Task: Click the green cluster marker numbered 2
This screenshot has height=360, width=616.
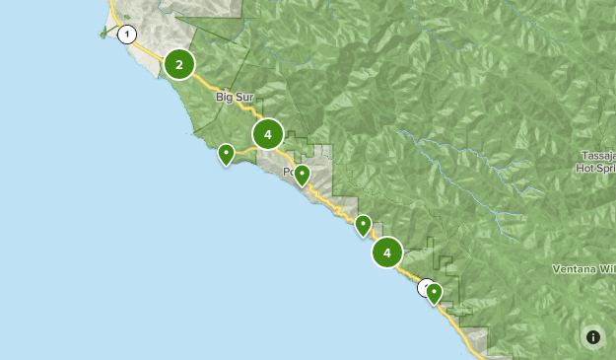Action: click(179, 65)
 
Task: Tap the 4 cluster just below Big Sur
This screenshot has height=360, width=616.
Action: click(268, 134)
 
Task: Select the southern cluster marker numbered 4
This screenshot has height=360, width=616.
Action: click(387, 252)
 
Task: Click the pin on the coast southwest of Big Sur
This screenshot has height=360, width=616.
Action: click(227, 155)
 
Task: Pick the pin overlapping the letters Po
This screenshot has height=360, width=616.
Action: click(303, 176)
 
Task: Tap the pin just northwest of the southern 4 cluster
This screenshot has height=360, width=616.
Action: click(364, 226)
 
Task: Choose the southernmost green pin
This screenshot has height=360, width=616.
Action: click(434, 293)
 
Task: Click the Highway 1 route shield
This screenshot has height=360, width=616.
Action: click(126, 35)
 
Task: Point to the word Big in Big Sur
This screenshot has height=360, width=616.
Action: click(225, 98)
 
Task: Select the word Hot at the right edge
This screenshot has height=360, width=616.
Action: click(585, 169)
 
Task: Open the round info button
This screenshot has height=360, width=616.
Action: click(592, 336)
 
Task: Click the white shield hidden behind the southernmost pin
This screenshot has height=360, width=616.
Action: click(425, 288)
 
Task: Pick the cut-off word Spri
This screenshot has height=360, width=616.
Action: click(606, 169)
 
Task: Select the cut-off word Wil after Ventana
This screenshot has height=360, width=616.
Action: click(607, 268)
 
